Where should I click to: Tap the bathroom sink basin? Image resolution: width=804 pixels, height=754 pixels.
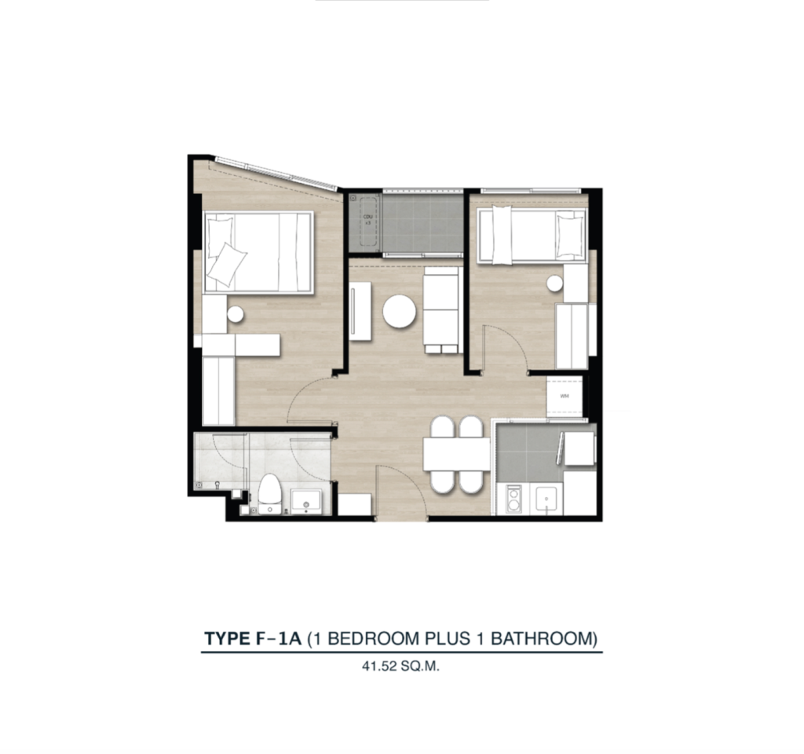tap(305, 500)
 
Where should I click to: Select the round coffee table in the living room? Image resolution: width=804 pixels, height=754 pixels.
tap(400, 311)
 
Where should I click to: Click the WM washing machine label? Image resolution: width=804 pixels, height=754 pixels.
tap(565, 396)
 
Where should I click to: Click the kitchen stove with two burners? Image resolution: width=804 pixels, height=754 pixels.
tap(514, 500)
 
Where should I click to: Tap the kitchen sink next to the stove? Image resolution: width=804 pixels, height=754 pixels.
tap(546, 498)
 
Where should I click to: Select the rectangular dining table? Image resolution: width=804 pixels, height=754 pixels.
tap(456, 454)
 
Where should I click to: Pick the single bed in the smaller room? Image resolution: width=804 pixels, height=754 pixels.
tap(532, 233)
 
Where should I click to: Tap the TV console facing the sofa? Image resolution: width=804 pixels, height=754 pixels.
tap(360, 311)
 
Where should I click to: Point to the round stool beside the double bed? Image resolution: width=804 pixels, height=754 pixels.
tap(235, 315)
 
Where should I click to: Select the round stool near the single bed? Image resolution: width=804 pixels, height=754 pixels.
tap(556, 284)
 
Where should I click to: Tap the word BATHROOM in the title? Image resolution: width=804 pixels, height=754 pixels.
tap(541, 639)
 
